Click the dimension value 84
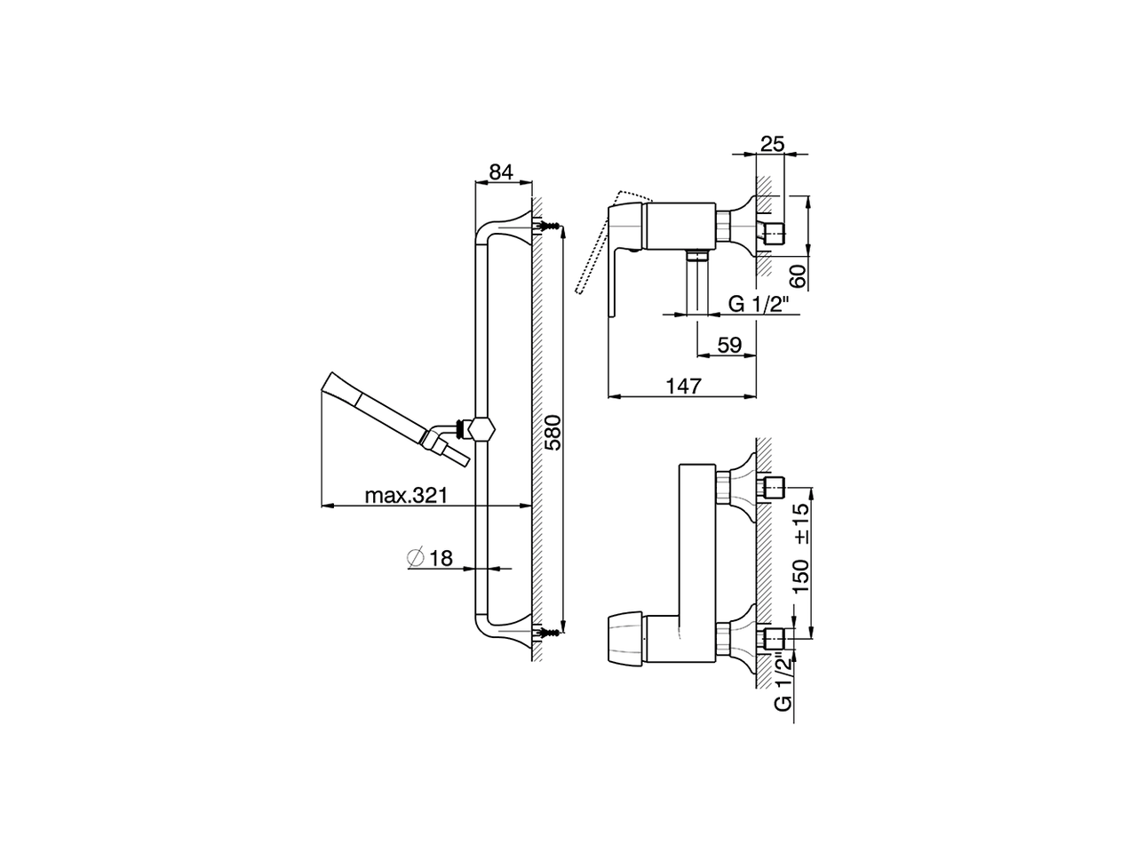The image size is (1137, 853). (x=502, y=172)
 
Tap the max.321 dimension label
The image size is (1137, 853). (x=404, y=495)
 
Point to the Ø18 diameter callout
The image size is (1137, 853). (x=430, y=558)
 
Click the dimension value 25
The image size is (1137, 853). (x=772, y=143)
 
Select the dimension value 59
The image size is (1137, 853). (x=728, y=345)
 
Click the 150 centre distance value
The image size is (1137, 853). (x=800, y=577)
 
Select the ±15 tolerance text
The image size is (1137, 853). (x=800, y=523)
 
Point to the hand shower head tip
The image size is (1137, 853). (x=325, y=385)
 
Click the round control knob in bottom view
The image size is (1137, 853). (x=625, y=638)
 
